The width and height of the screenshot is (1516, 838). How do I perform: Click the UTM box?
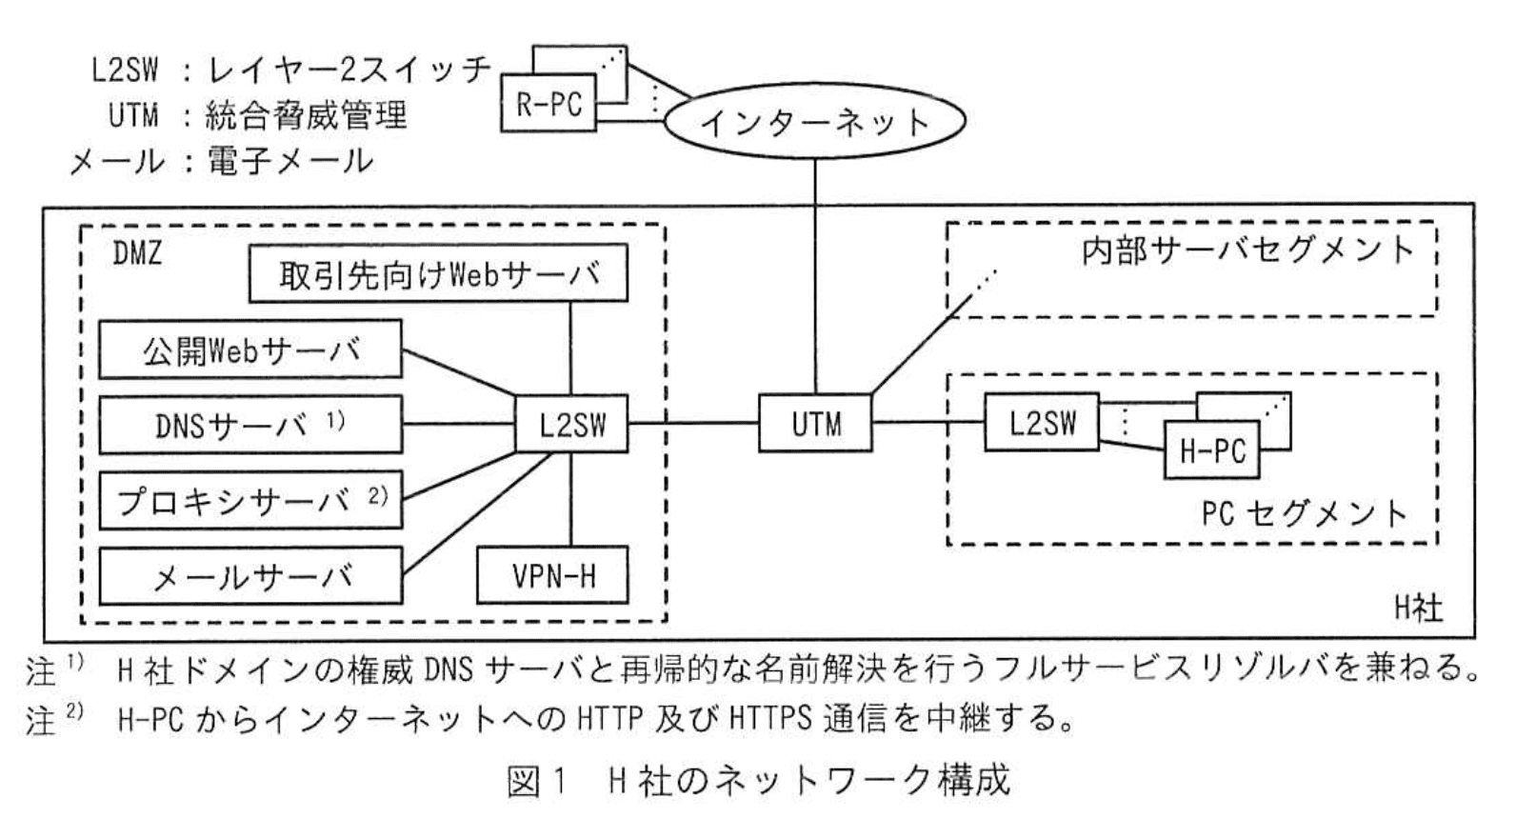pos(815,423)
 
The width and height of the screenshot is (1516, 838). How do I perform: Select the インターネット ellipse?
pos(814,122)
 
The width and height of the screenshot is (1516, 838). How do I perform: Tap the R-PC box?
pos(549,103)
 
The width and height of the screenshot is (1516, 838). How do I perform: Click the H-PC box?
pos(1211,450)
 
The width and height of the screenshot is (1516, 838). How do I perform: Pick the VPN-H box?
pos(552,574)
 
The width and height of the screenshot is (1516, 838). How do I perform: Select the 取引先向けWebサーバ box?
pos(438,274)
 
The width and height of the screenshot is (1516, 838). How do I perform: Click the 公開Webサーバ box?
pos(250,349)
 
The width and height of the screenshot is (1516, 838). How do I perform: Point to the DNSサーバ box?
pos(250,425)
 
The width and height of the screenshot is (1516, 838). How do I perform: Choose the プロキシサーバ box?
pos(250,500)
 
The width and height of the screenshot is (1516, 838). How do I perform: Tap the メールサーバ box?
pos(250,575)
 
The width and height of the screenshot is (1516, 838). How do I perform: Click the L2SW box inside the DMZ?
pos(571,423)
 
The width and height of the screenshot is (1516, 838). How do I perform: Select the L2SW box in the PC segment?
pos(1042,422)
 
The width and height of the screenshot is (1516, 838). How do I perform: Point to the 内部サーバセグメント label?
pos(1247,249)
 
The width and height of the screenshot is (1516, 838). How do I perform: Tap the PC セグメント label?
pos(1305,513)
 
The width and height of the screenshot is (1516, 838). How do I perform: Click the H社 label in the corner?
pos(1418,609)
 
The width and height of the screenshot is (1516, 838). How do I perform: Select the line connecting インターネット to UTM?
pos(815,276)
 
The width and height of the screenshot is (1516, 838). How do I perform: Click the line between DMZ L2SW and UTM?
pos(693,423)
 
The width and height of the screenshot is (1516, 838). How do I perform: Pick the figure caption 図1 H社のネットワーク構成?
pos(758,782)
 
